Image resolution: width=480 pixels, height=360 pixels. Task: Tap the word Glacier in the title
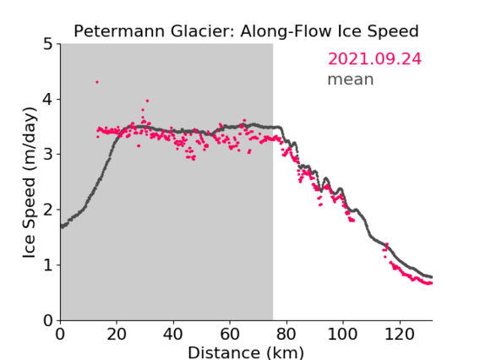(202, 31)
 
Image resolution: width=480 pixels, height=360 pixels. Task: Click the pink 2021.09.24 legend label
(374, 59)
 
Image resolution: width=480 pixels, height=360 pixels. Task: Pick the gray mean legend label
(351, 79)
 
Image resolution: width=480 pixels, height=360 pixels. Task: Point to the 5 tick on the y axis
(48, 44)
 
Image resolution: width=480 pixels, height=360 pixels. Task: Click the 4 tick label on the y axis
(48, 100)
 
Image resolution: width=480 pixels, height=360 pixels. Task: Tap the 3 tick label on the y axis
(48, 155)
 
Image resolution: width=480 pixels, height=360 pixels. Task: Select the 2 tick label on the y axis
(48, 210)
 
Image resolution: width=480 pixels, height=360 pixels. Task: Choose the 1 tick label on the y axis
(48, 265)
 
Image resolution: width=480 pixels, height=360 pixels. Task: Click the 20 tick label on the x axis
(117, 334)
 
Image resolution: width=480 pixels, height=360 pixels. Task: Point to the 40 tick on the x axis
(173, 334)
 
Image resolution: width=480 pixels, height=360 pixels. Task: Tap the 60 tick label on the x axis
(230, 334)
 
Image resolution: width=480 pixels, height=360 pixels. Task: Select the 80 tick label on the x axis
(286, 334)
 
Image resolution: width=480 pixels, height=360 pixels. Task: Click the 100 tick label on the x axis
(342, 334)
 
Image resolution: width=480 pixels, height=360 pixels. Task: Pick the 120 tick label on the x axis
(399, 334)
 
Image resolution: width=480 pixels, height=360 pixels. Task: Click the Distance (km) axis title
(246, 353)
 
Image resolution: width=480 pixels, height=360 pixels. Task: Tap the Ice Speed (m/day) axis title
(30, 183)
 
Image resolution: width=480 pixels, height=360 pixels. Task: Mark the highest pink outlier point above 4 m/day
(97, 82)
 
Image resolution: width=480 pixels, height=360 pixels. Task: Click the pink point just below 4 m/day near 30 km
(147, 101)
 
